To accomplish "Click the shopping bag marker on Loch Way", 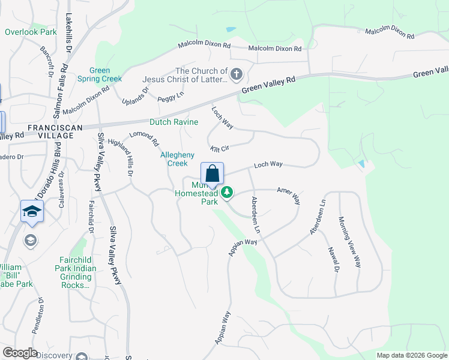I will pos(212,174).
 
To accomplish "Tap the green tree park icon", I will pos(227,193).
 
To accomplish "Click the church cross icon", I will pos(237,75).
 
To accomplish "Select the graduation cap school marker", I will pos(32,211).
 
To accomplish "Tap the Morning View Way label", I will pos(349,241).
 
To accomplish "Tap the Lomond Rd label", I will pos(144,139).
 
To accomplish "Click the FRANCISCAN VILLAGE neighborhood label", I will pos(50,132).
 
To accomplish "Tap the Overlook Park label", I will pos(30,32).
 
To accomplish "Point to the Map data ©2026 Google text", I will pos(411,355).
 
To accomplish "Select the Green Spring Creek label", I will pos(99,74).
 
